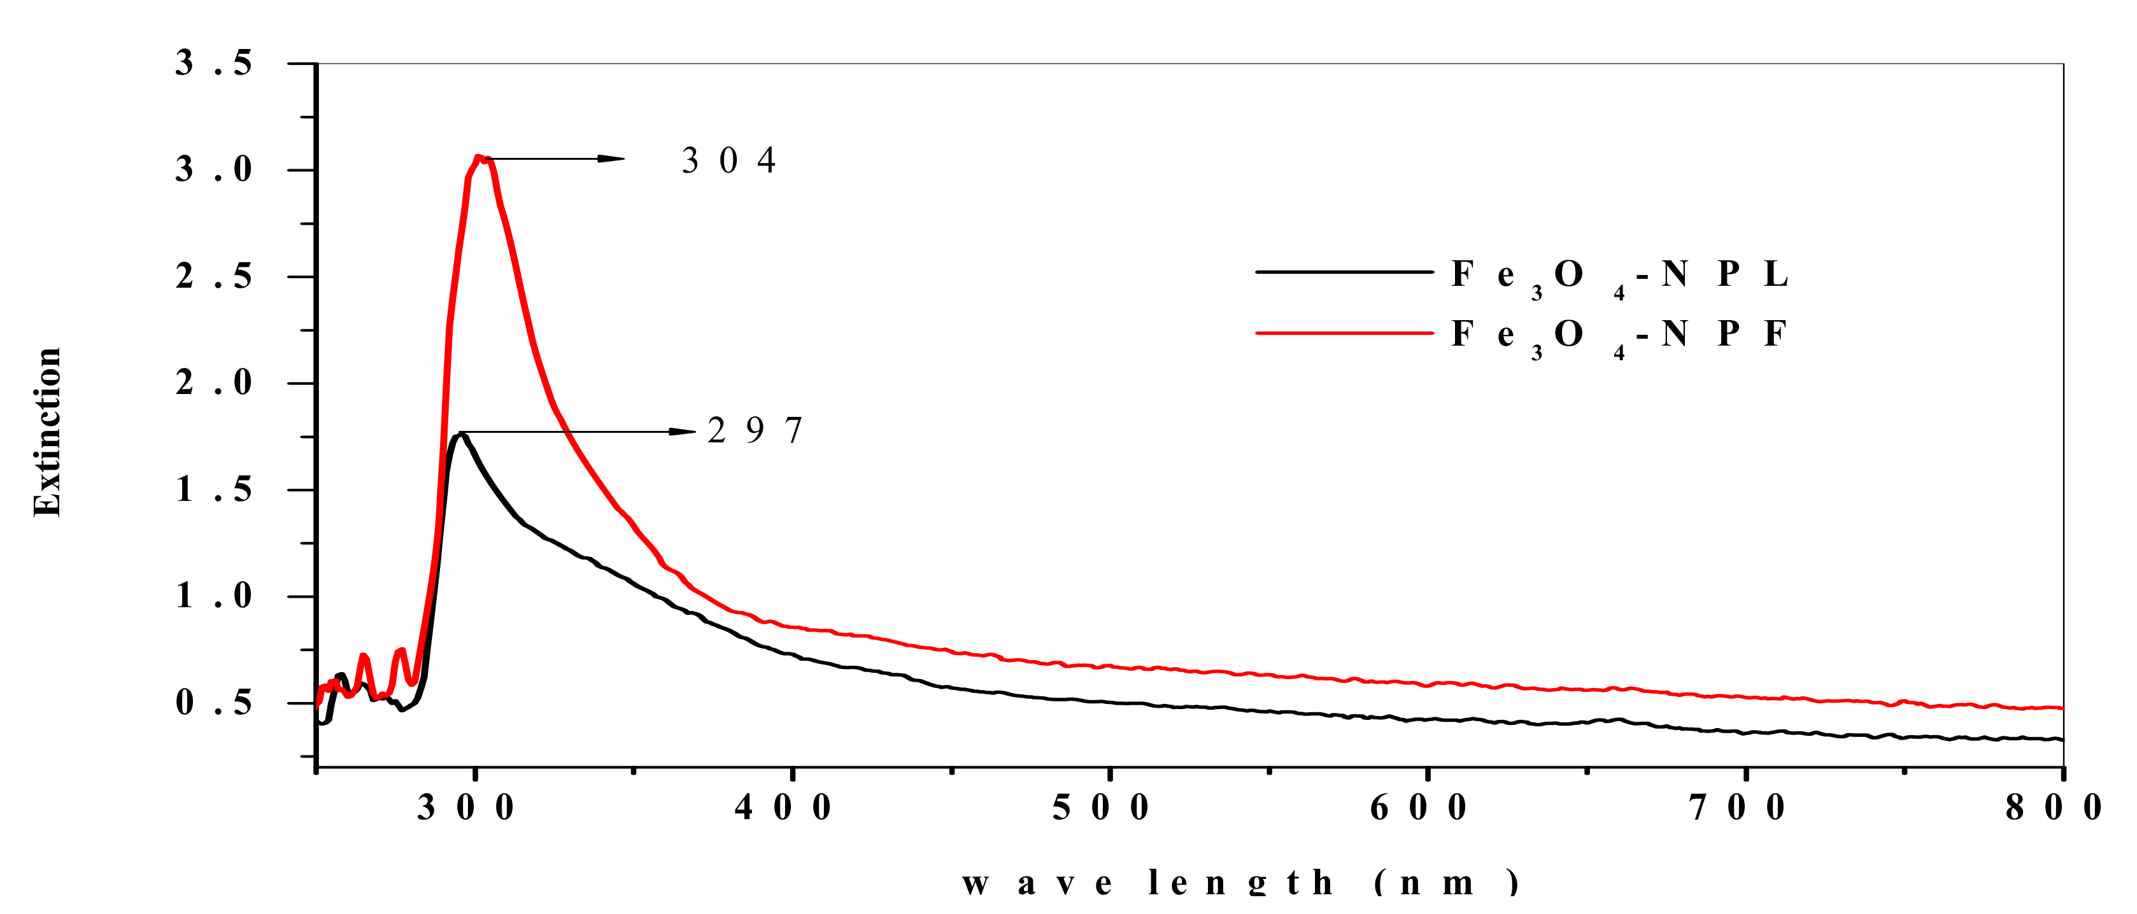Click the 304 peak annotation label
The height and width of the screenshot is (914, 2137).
coord(728,160)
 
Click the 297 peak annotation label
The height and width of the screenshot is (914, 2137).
coord(755,430)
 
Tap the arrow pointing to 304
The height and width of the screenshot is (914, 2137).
coord(556,158)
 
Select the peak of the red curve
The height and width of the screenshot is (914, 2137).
coord(479,157)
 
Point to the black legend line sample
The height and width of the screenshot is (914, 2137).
coord(1344,271)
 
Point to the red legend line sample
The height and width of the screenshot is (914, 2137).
coord(1344,333)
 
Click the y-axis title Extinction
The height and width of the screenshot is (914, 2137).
coord(47,432)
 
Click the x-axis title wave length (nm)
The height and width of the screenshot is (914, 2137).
coord(1241,883)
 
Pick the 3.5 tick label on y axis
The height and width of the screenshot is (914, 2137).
coord(213,64)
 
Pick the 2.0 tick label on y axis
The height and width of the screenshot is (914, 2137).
coord(213,383)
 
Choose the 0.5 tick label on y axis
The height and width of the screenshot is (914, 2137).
coord(213,703)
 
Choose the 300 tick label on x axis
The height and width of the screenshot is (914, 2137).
coord(465,807)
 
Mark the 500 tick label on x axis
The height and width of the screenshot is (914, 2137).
coord(1101,807)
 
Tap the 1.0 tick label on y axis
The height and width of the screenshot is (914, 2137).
coord(213,596)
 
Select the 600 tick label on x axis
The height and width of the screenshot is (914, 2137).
coord(1419,807)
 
